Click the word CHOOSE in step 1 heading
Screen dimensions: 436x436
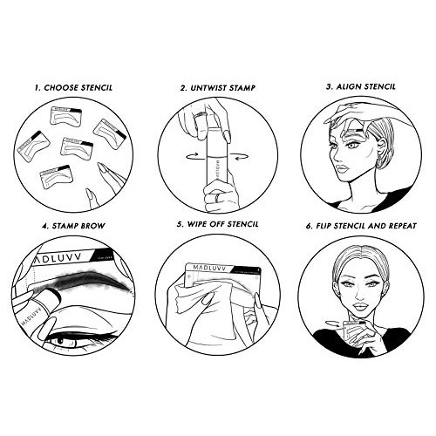[x=60, y=89]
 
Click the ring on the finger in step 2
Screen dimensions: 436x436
[x=199, y=115]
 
